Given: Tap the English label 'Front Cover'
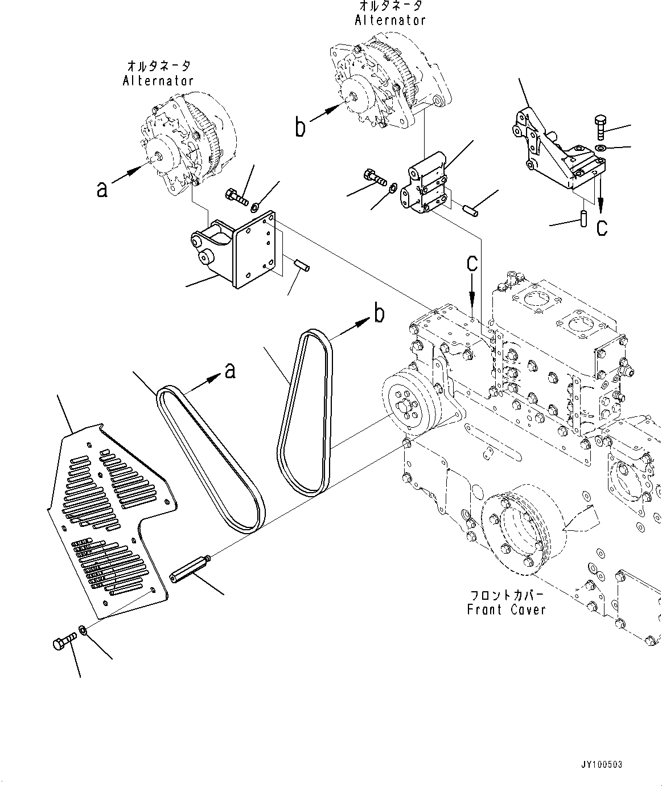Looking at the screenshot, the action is [x=506, y=609].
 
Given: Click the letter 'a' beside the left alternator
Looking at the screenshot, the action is [x=102, y=189].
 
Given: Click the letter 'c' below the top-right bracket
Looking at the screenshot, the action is [x=602, y=228].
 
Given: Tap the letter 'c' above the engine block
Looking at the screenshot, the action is [x=472, y=264].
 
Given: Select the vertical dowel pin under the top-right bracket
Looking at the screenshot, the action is [x=583, y=218].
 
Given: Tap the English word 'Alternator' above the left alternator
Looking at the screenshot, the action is [x=158, y=80].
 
